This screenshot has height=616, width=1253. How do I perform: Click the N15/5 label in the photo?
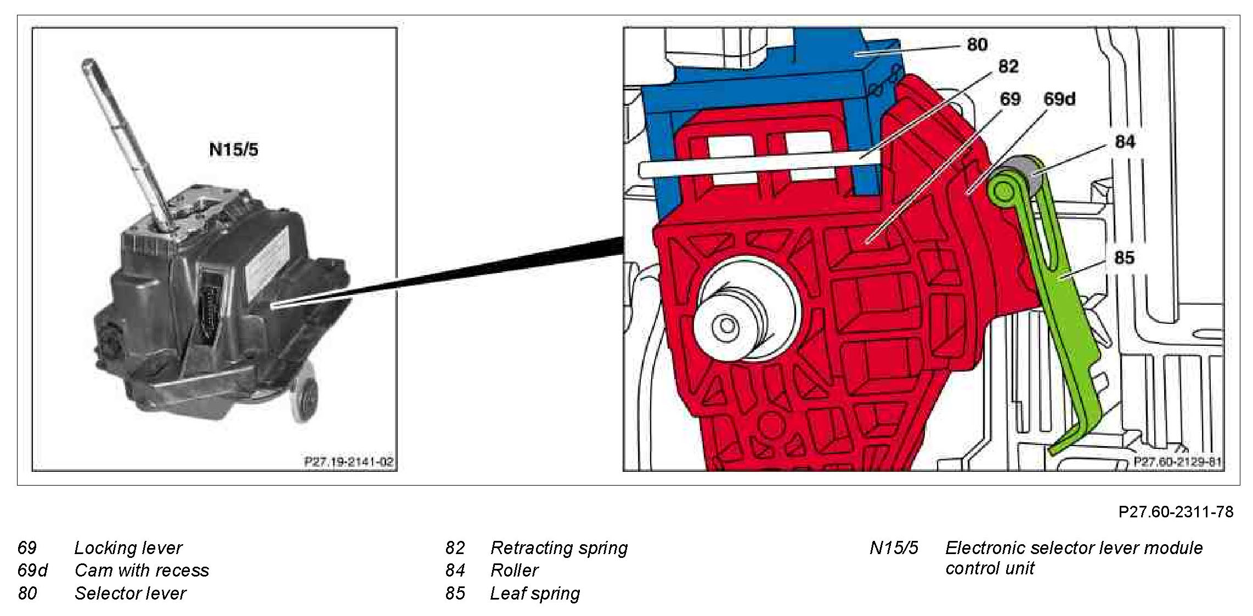(x=234, y=149)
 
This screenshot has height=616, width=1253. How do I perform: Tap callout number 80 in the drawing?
(x=977, y=44)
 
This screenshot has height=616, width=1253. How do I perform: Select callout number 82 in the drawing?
(x=1008, y=66)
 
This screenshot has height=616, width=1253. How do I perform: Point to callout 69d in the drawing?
(x=1059, y=99)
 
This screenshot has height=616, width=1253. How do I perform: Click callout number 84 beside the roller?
(x=1125, y=142)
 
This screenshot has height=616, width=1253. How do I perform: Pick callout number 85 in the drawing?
(x=1124, y=258)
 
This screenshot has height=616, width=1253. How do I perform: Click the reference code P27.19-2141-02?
(x=349, y=461)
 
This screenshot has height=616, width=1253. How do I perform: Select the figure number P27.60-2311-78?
(x=1176, y=511)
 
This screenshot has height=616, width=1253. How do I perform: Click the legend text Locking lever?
(x=128, y=547)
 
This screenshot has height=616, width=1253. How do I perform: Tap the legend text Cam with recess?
(x=142, y=570)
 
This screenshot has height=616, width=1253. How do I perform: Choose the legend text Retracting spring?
(x=559, y=547)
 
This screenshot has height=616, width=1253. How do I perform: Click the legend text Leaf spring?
(x=535, y=593)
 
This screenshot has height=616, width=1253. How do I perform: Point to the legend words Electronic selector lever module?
(x=1074, y=547)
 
